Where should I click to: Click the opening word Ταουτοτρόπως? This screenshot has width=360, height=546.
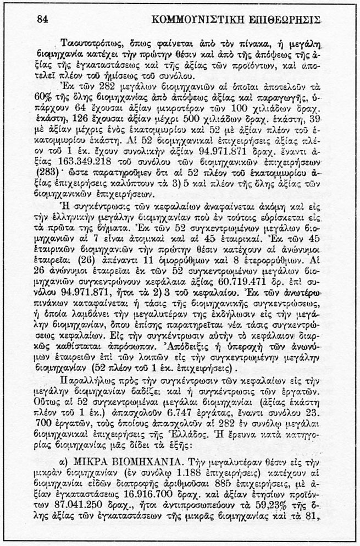(91, 43)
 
